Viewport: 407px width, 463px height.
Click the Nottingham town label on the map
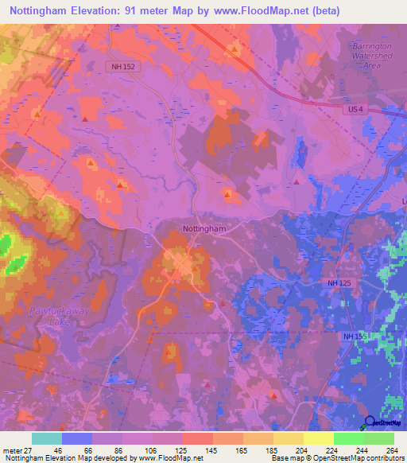[x=205, y=228]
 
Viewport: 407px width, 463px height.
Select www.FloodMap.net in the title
[x=269, y=11]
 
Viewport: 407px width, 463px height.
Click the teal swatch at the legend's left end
[x=47, y=438]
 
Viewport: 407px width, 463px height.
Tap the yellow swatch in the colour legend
[x=319, y=438]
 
